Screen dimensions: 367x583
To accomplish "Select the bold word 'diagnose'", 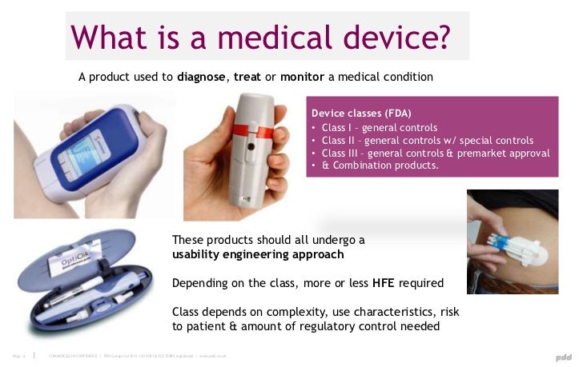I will point(203,78).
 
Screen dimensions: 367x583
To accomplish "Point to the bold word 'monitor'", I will point(303,78).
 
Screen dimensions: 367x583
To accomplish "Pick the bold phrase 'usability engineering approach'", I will point(259,255).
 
